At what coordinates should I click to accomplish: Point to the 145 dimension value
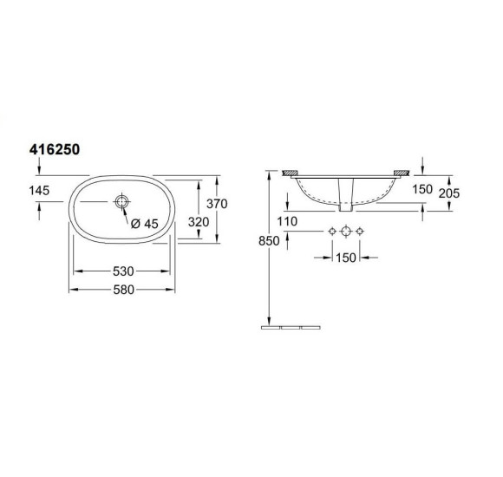(x=39, y=190)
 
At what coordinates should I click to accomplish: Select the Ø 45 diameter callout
(x=145, y=223)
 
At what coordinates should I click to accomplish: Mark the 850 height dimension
(x=269, y=242)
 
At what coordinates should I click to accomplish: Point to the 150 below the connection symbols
(x=346, y=258)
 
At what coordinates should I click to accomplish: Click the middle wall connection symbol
(x=346, y=232)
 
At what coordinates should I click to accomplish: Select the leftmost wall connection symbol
(x=330, y=232)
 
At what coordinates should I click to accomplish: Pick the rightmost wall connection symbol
(x=362, y=232)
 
